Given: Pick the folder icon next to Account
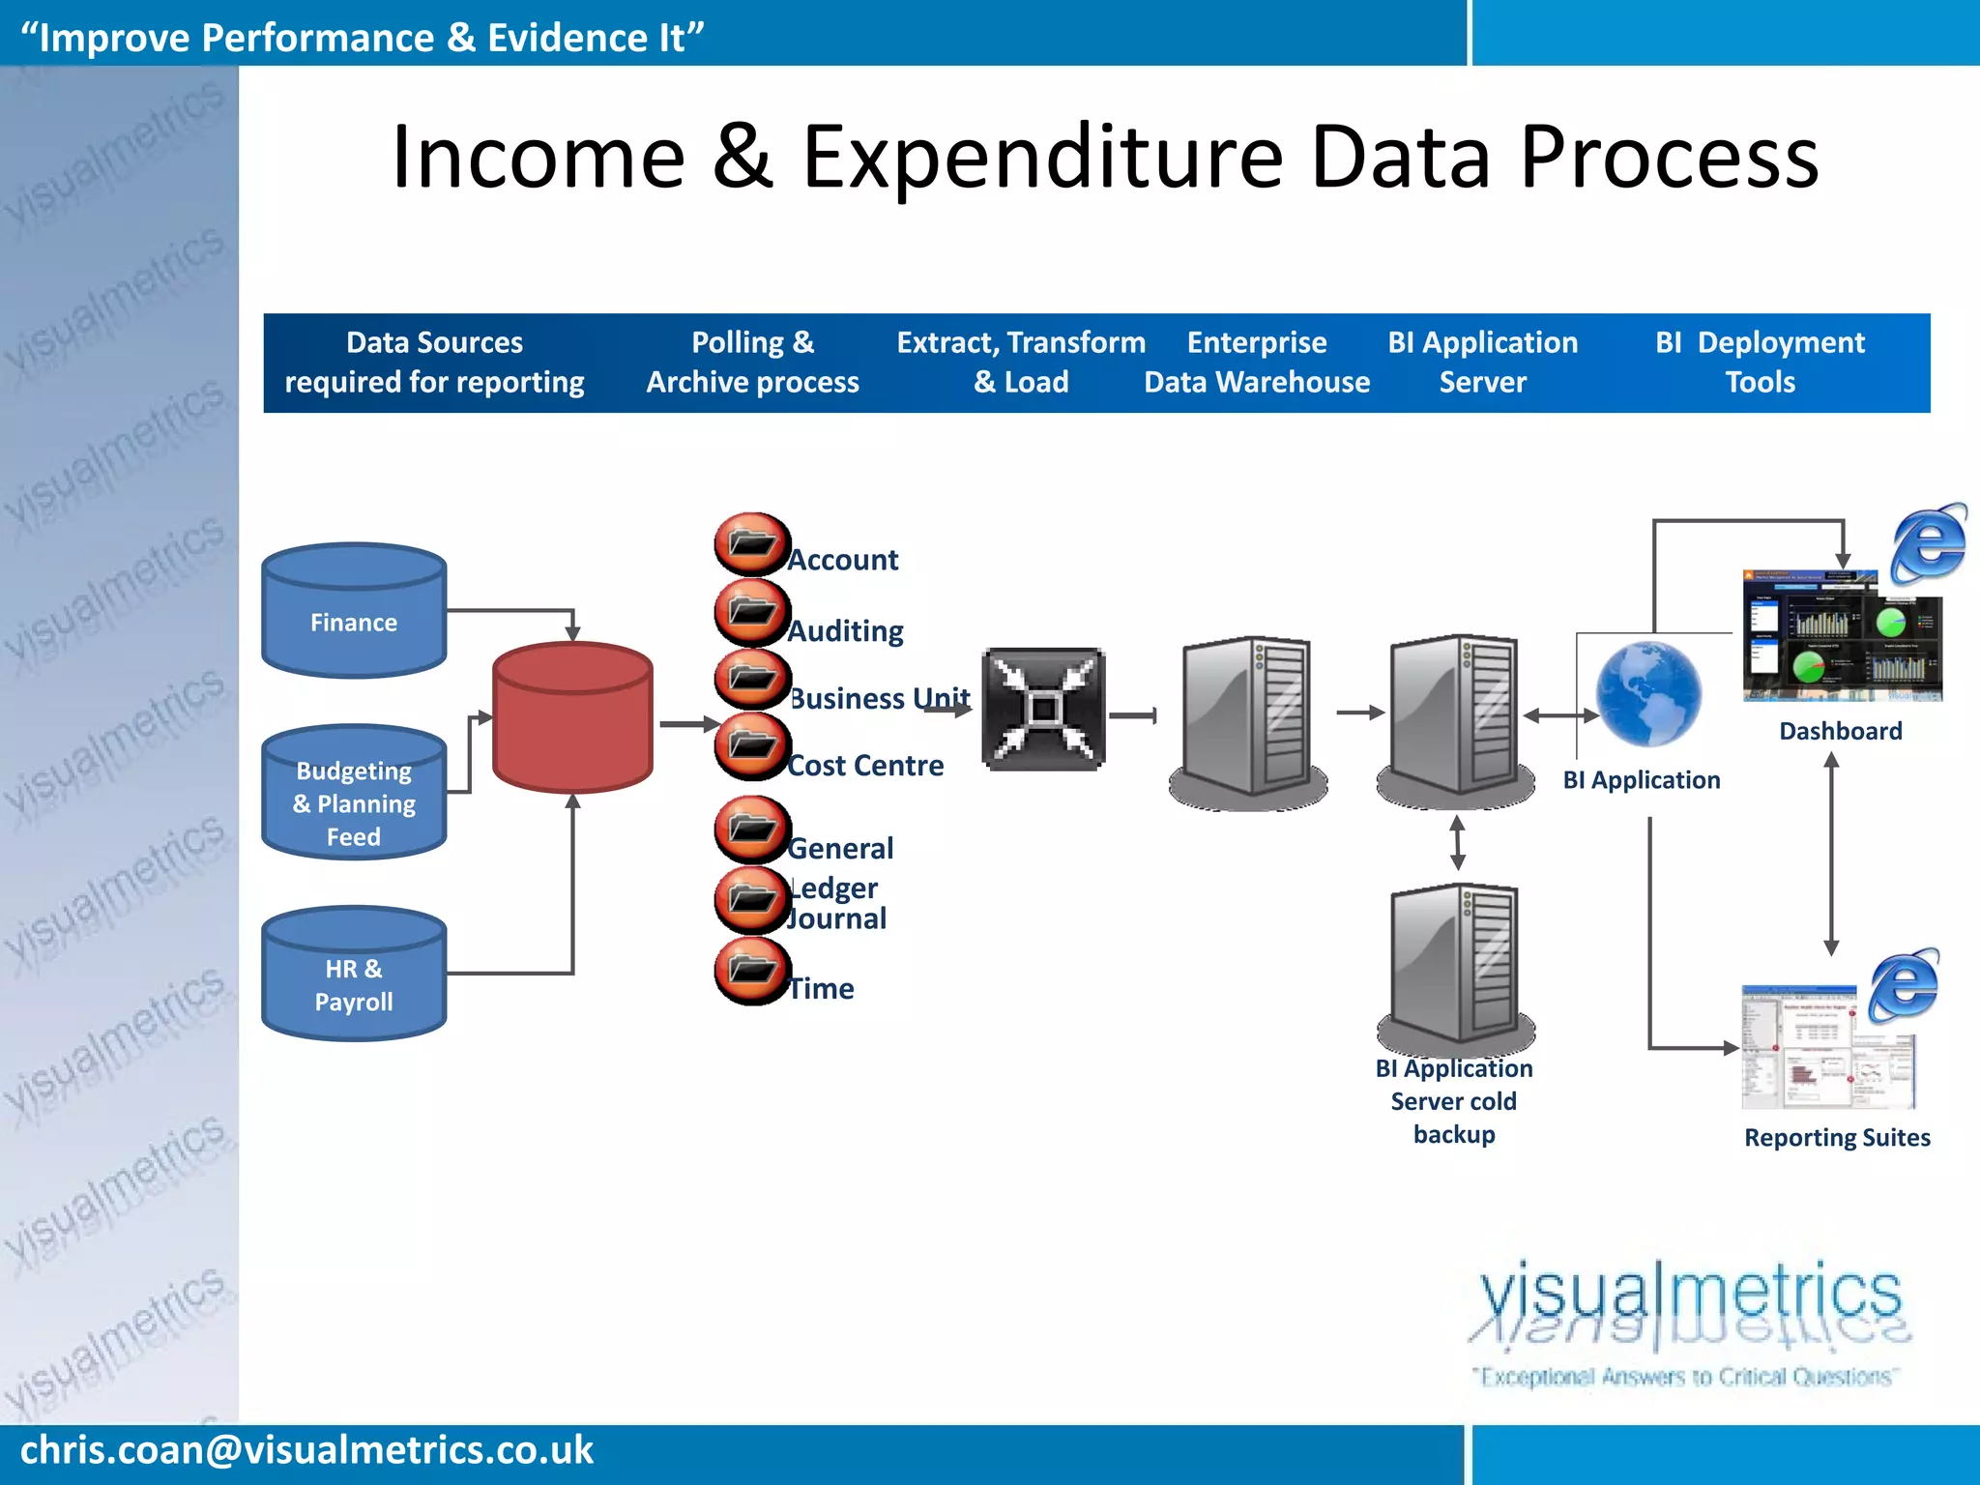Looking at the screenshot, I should tap(751, 543).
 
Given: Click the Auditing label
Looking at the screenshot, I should tap(846, 630).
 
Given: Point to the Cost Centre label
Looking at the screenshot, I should tap(865, 765).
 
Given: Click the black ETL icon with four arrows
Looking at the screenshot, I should tap(1043, 710).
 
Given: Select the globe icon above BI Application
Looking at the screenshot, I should tap(1647, 693).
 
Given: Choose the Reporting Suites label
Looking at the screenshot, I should tap(1837, 1137).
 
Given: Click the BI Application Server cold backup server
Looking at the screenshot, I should tap(1454, 967).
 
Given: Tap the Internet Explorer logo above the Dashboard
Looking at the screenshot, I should tap(1928, 543).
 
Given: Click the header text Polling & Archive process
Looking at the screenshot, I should tap(752, 363).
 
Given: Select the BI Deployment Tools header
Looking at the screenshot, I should tap(1760, 363).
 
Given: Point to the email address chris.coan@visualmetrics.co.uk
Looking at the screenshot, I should tap(306, 1450).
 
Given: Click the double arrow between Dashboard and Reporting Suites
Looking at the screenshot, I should tap(1831, 855).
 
